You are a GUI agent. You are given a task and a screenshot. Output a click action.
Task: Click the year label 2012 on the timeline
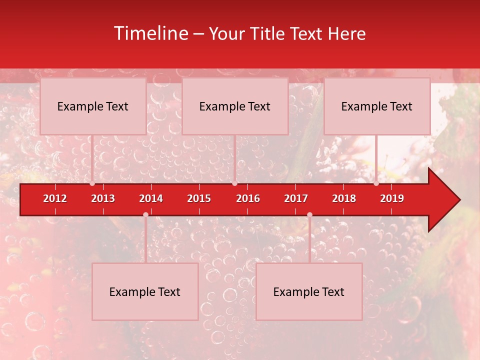(x=55, y=198)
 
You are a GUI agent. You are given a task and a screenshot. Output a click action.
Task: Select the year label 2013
(x=103, y=198)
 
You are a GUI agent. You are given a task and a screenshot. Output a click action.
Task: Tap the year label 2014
(x=151, y=198)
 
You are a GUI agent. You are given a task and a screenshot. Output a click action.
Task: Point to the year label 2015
(x=199, y=198)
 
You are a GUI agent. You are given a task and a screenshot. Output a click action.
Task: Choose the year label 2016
(x=248, y=198)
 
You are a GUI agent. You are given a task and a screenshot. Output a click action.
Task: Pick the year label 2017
(x=296, y=198)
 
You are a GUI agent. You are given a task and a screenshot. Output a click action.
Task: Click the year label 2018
(x=344, y=198)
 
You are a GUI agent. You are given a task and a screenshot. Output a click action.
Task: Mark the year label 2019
(x=392, y=198)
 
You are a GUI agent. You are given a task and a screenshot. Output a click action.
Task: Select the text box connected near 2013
(x=93, y=106)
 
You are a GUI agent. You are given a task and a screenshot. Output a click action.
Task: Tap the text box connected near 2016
(x=235, y=106)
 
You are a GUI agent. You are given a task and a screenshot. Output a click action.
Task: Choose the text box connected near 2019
(x=377, y=106)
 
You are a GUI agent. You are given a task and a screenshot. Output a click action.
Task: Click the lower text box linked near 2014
(x=145, y=292)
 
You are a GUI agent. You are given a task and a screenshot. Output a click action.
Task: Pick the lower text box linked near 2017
(x=309, y=292)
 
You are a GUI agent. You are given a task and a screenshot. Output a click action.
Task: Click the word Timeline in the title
(x=150, y=33)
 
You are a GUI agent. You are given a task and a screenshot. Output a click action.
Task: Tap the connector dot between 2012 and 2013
(x=92, y=183)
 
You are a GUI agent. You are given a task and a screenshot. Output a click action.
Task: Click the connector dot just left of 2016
(x=234, y=183)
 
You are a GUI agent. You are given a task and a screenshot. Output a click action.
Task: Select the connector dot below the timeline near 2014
(x=145, y=214)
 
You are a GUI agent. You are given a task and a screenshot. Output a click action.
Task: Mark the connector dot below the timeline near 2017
(x=309, y=214)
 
